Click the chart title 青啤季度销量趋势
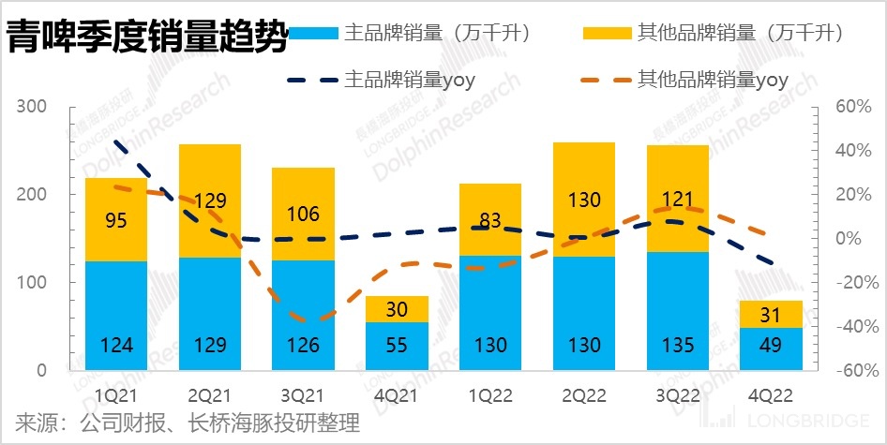pyautogui.click(x=145, y=39)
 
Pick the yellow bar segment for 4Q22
pyautogui.click(x=772, y=314)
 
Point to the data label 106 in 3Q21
pyautogui.click(x=303, y=215)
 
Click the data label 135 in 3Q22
pyautogui.click(x=678, y=345)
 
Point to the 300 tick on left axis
pyautogui.click(x=32, y=107)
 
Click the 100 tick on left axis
pyautogui.click(x=32, y=283)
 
